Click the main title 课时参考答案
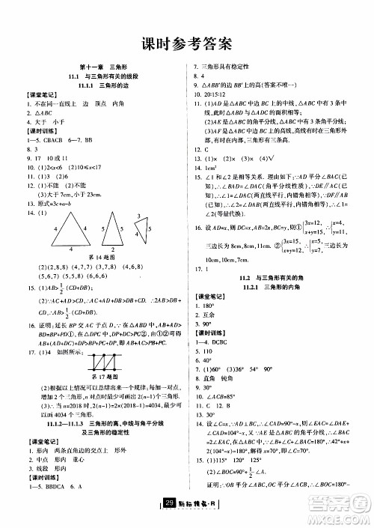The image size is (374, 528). tap(187, 43)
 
